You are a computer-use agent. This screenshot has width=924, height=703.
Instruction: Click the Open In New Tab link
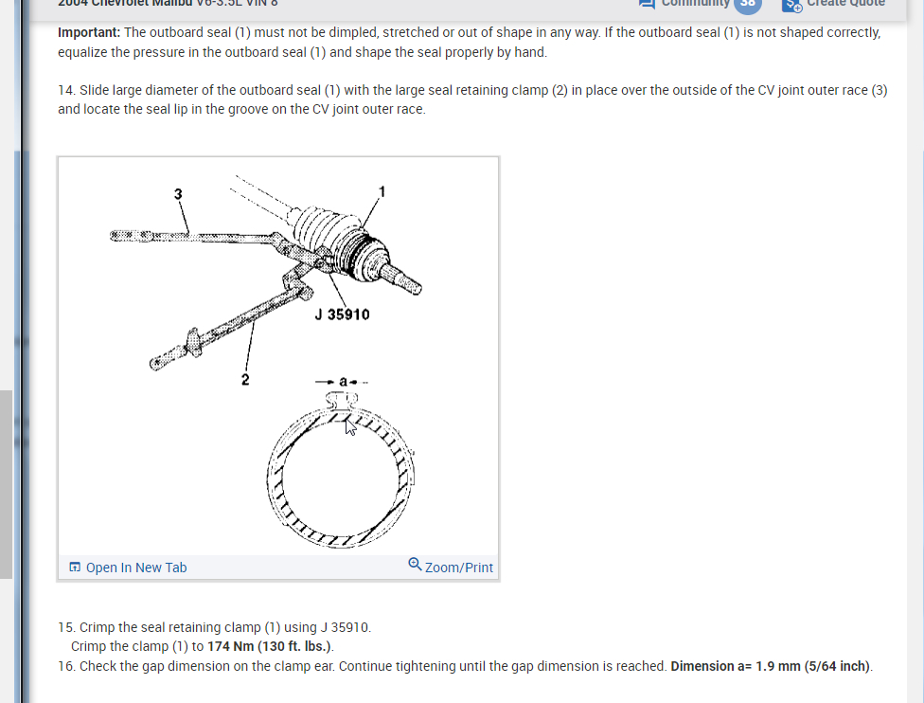[135, 568]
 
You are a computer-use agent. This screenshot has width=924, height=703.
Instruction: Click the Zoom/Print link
[459, 568]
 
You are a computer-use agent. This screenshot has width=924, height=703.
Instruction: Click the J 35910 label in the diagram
[342, 315]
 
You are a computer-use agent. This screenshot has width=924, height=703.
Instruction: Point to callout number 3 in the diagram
[177, 194]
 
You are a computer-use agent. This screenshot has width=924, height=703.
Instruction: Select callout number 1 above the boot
[382, 191]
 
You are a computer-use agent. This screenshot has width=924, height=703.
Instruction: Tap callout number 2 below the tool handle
[245, 379]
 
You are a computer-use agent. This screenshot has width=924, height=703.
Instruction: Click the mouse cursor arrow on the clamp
[349, 425]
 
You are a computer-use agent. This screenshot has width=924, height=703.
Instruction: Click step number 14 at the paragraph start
[65, 91]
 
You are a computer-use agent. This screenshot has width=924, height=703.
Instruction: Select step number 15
[65, 627]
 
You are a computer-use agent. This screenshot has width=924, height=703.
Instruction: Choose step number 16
[65, 666]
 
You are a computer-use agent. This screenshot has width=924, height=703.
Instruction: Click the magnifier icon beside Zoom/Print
[415, 566]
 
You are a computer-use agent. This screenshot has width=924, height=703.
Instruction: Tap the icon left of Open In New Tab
[75, 568]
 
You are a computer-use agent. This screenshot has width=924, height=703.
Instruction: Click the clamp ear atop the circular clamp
[342, 400]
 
